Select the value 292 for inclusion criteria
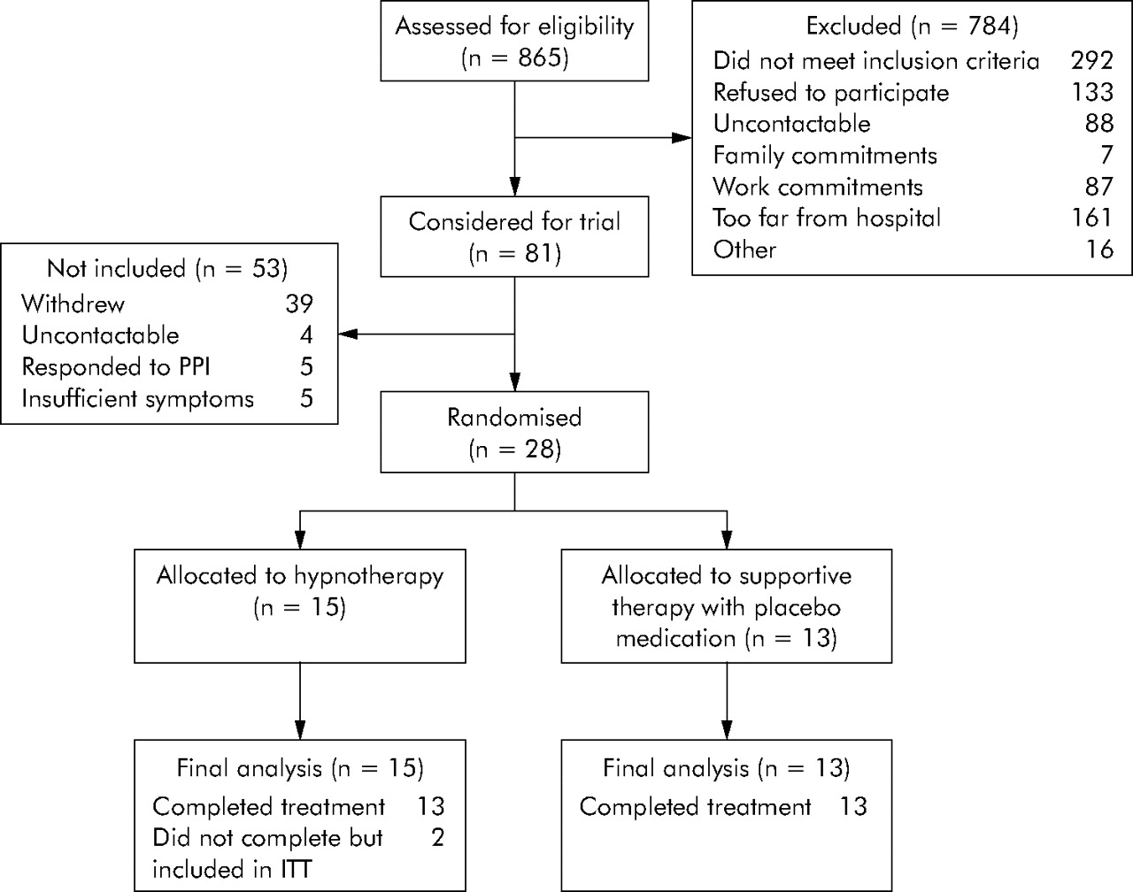(x=1092, y=60)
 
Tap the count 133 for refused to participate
(x=1092, y=92)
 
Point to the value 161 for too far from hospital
(x=1092, y=218)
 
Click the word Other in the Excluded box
(x=744, y=249)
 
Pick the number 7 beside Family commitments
(x=1106, y=155)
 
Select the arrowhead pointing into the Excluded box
(x=682, y=138)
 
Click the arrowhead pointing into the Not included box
(x=348, y=334)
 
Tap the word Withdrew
(x=73, y=304)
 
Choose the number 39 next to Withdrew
(x=299, y=304)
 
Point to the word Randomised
(x=514, y=417)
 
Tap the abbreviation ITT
(x=296, y=869)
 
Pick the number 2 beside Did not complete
(x=437, y=837)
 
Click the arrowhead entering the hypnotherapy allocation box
(x=300, y=539)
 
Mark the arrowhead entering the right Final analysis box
(x=727, y=730)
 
